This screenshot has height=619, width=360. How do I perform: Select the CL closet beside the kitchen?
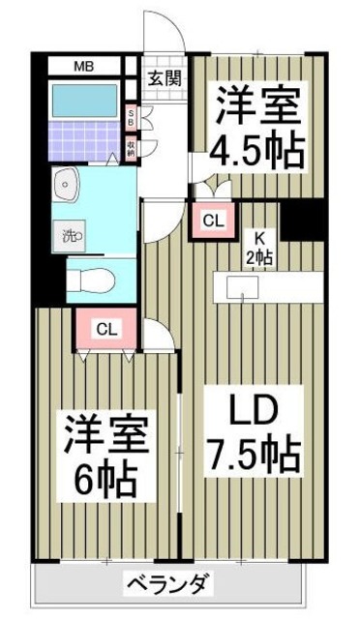214,221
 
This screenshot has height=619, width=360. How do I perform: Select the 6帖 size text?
105,477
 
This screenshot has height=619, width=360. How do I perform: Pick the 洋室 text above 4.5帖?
257,103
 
